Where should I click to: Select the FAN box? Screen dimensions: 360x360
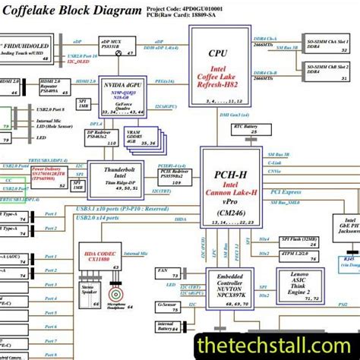(164, 270)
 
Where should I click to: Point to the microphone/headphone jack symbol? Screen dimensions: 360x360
(117, 292)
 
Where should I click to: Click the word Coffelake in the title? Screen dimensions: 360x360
(36, 13)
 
